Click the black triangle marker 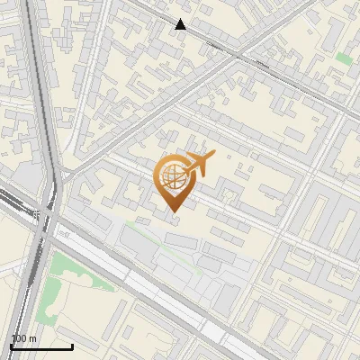pyautogui.click(x=181, y=24)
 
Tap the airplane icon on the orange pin pyautogui.click(x=200, y=164)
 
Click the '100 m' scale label pyautogui.click(x=23, y=338)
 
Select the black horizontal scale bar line pyautogui.click(x=41, y=346)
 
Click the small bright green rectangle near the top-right pyautogui.click(x=343, y=58)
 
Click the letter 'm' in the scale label pyautogui.click(x=33, y=338)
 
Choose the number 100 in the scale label pyautogui.click(x=19, y=338)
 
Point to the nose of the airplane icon pyautogui.click(x=212, y=154)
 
